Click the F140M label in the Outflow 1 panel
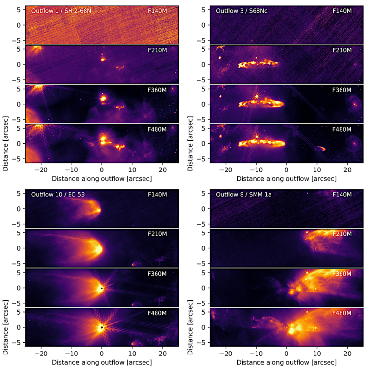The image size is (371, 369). click(157, 10)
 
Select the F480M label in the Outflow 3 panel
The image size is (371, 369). click(343, 129)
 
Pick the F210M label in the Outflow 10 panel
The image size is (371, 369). click(157, 234)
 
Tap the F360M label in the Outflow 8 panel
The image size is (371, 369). click(343, 274)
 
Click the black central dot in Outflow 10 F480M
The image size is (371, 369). click(102, 328)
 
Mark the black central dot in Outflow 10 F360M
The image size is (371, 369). click(102, 288)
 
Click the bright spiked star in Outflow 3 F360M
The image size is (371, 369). click(257, 97)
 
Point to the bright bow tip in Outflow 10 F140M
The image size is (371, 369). click(100, 210)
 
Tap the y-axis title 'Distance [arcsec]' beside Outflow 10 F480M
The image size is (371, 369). click(5, 328)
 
